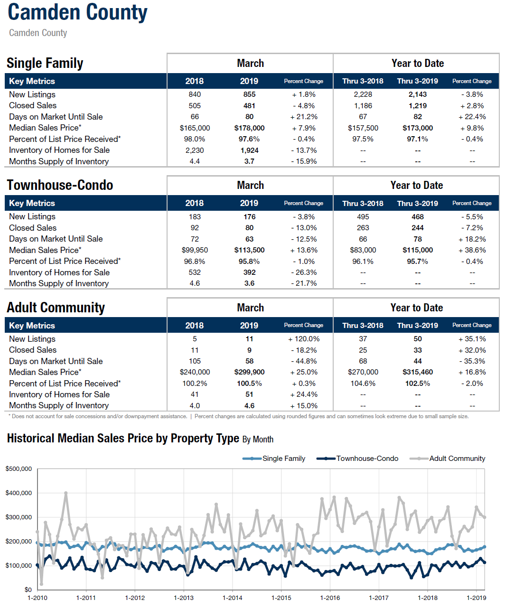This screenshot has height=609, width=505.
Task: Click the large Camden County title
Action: [x=78, y=12]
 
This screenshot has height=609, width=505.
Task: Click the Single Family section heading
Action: [x=45, y=63]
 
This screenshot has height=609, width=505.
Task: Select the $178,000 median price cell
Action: [x=249, y=128]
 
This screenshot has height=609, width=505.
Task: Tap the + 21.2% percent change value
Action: [x=303, y=117]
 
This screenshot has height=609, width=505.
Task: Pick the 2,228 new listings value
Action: [x=363, y=94]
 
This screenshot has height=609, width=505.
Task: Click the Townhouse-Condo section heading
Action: [x=60, y=185]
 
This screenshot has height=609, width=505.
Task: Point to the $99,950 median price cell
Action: [x=195, y=250]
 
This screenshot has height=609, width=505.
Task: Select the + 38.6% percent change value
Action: [x=472, y=250]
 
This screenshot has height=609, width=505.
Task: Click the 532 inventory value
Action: [x=195, y=272]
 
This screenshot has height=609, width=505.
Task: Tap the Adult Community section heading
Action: [x=56, y=308]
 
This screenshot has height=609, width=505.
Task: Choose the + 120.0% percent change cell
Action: [x=303, y=339]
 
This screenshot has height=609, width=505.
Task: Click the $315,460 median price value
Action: [x=418, y=372]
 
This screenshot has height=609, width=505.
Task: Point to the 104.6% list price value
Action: [x=363, y=383]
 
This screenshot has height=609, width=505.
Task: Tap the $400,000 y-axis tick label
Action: [x=19, y=493]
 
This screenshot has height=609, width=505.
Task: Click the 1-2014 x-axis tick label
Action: [x=233, y=598]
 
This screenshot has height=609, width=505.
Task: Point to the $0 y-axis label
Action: [x=28, y=590]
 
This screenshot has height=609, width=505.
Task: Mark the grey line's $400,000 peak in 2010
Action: [x=66, y=493]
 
